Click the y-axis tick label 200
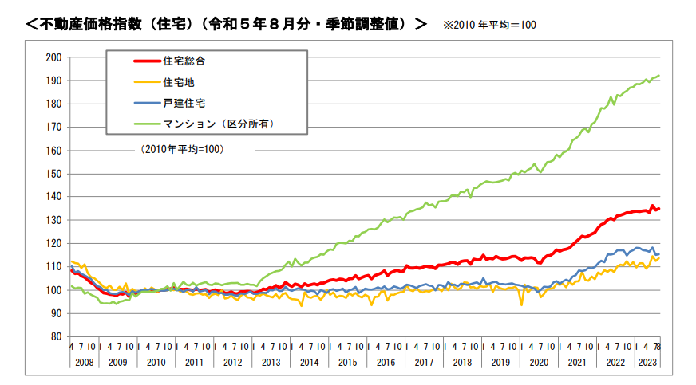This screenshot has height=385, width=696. [53, 57]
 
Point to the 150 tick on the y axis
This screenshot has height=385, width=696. [53, 174]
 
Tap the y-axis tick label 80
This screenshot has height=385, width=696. [56, 336]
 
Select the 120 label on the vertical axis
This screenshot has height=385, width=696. [53, 243]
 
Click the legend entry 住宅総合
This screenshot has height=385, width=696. [185, 61]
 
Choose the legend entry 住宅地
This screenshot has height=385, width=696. [180, 81]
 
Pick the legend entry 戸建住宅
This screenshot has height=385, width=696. [185, 103]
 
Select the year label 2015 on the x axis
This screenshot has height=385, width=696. [348, 363]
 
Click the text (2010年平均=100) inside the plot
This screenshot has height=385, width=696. [181, 149]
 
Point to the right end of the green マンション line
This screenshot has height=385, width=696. [659, 76]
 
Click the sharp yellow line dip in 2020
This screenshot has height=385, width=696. [522, 304]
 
